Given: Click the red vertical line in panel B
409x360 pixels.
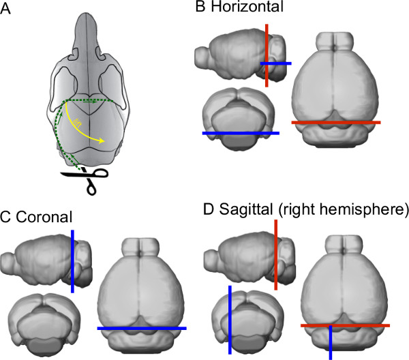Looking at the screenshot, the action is pyautogui.click(x=267, y=48).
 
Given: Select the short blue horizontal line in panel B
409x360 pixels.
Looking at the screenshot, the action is pyautogui.click(x=275, y=63).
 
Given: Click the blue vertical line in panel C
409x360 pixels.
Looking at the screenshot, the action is pyautogui.click(x=72, y=259).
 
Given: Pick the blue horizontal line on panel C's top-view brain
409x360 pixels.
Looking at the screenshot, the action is pyautogui.click(x=141, y=328).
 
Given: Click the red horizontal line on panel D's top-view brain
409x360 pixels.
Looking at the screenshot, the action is pyautogui.click(x=345, y=325).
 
